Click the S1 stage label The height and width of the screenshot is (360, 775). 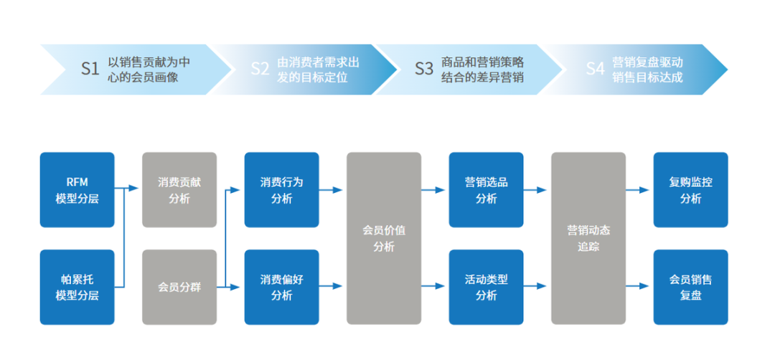(90, 69)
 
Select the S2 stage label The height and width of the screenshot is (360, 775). (260, 69)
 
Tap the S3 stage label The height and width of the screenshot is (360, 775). (424, 69)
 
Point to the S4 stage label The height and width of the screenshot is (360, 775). (595, 69)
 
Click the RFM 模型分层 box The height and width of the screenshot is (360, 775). (77, 190)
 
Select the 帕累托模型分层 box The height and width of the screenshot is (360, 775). (77, 287)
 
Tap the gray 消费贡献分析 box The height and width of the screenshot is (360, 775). (179, 190)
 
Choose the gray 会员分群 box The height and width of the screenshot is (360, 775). (179, 287)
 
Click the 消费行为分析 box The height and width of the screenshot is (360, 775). (281, 190)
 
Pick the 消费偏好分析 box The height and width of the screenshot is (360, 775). (281, 287)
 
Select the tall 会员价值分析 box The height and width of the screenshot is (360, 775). (384, 238)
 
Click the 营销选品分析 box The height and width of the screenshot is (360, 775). (486, 190)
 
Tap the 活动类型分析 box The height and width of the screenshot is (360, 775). (486, 287)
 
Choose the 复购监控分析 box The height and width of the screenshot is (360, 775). (690, 190)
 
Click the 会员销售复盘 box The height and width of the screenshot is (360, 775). (690, 287)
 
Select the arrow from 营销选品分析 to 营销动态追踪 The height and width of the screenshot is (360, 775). (535, 190)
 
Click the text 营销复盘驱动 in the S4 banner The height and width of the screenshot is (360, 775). (647, 62)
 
